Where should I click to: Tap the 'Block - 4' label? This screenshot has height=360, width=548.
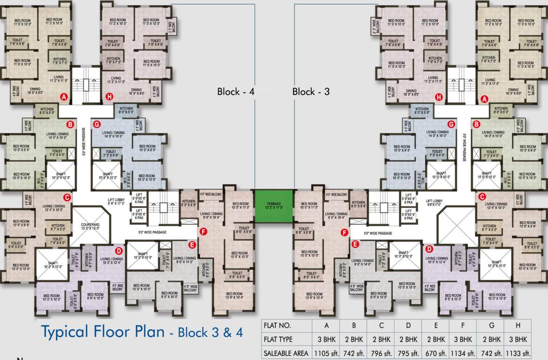tap(236, 91)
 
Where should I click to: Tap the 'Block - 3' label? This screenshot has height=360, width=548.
tap(311, 91)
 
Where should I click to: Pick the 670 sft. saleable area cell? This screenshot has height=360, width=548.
tap(436, 353)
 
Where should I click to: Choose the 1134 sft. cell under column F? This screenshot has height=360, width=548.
tap(463, 353)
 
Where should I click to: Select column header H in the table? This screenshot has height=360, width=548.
tap(518, 325)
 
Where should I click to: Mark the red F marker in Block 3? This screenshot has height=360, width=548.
tap(344, 232)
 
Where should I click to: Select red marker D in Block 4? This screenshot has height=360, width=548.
tap(119, 251)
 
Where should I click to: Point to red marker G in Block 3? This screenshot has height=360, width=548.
tap(451, 124)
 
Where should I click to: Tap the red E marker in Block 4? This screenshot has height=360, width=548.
tap(191, 244)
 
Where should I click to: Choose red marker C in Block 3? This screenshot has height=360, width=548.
tap(481, 197)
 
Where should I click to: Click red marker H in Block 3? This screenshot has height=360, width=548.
tap(439, 97)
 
